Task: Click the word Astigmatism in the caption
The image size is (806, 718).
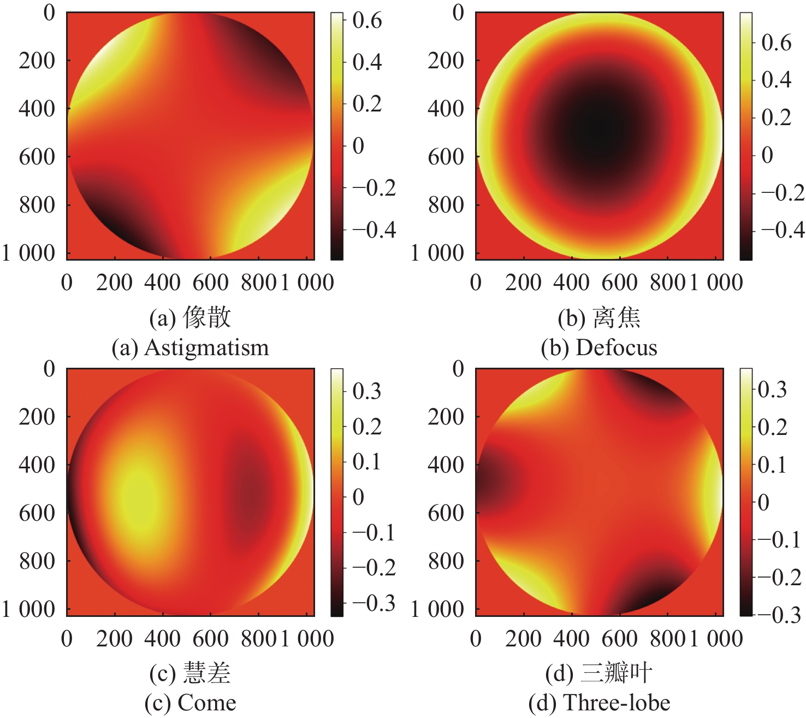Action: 206,348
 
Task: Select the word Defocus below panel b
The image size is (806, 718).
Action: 617,348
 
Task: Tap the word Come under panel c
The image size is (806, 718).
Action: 207,703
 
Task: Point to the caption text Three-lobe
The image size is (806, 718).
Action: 617,703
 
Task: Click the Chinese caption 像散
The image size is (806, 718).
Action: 207,318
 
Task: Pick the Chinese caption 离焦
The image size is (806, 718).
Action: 617,318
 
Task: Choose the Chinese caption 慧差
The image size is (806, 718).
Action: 207,673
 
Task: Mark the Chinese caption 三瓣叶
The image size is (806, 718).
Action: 617,673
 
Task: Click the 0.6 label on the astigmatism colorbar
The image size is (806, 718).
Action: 367,21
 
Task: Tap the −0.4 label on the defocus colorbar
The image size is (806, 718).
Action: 783,230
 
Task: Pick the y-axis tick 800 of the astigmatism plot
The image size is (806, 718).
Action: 37,205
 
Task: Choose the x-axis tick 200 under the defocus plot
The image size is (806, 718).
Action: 523,283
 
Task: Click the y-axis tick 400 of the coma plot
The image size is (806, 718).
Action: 37,465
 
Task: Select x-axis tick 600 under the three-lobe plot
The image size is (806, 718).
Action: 619,639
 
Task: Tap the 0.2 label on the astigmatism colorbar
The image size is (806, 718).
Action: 367,104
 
